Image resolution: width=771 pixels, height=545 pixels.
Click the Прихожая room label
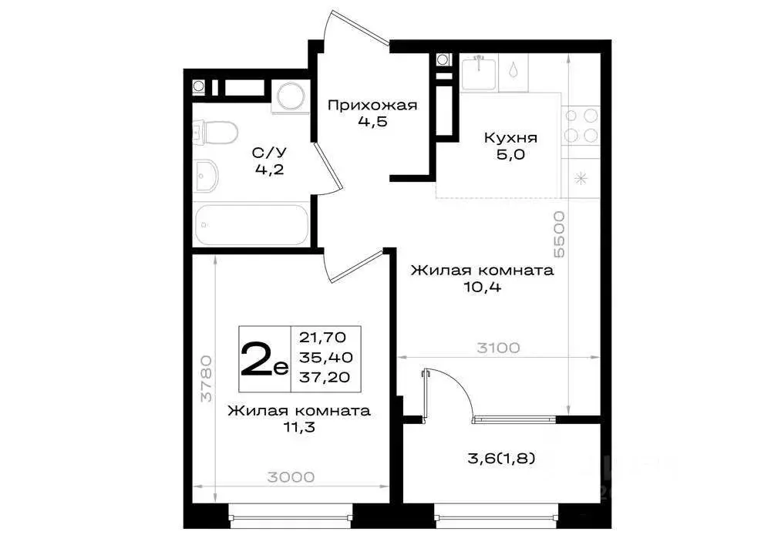pos(372,106)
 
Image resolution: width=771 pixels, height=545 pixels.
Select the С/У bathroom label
pos(269,153)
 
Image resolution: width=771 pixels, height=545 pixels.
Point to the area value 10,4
pos(482,287)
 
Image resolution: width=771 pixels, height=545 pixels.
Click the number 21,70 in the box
pos(324,337)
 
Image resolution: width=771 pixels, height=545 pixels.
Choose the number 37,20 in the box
pos(324,377)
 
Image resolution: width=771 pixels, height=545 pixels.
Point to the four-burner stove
pos(581,126)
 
